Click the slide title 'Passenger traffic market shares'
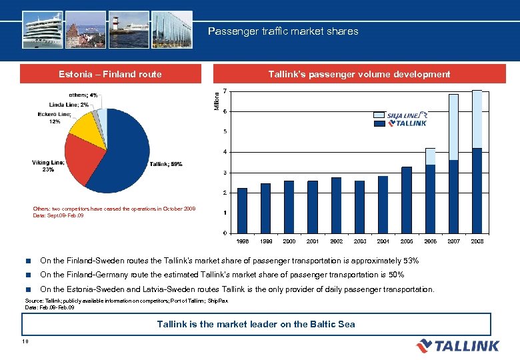pos(283,31)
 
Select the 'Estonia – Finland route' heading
pos(110,75)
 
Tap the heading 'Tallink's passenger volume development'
pos(359,75)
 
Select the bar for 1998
pos(242,210)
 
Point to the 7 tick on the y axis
pos(225,91)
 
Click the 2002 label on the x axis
pos(337,241)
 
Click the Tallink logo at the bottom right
pos(457,345)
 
